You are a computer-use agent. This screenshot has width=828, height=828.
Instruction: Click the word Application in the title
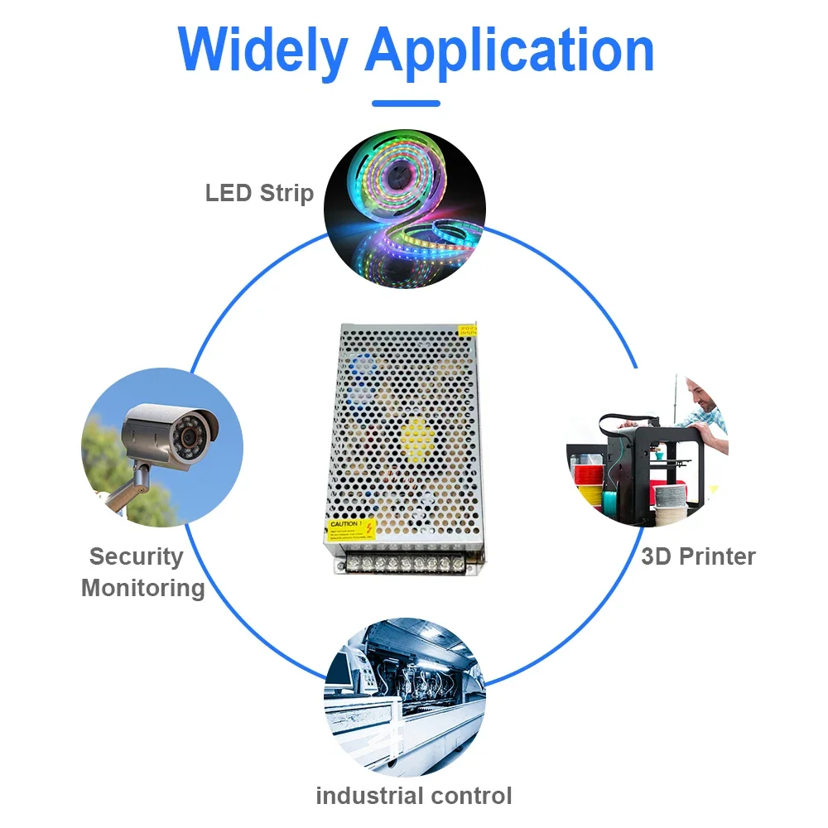[509, 51]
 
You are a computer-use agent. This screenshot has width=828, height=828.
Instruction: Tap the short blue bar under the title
[406, 103]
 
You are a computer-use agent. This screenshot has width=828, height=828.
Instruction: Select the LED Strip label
[259, 194]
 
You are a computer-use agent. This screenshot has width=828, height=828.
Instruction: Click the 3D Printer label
[698, 556]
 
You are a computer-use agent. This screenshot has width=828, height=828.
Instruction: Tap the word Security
[136, 556]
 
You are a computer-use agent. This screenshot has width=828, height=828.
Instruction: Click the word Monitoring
[143, 589]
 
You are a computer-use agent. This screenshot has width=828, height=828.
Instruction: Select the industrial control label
[414, 797]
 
